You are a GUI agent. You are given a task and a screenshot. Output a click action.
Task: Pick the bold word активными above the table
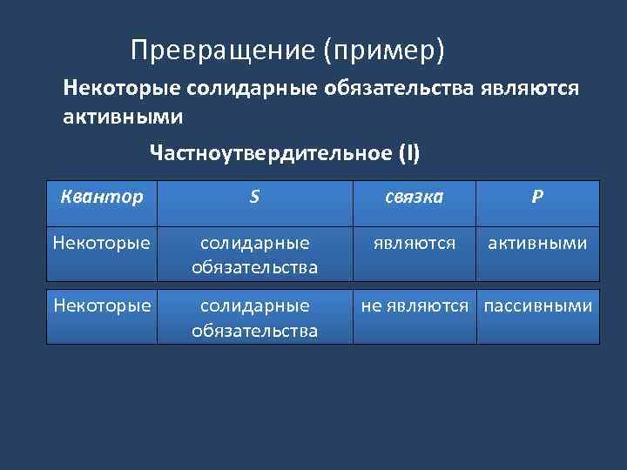[x=123, y=115]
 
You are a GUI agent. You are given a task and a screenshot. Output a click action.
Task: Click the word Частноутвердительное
[x=271, y=154]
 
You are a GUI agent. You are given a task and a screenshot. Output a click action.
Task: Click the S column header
[x=253, y=197]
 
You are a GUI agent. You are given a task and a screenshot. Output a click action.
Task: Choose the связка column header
[x=415, y=197]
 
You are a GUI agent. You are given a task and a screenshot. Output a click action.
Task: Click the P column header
[x=537, y=197]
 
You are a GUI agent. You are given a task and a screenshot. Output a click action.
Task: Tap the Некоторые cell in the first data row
[x=101, y=243]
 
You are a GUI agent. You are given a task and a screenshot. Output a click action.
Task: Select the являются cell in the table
[x=415, y=243]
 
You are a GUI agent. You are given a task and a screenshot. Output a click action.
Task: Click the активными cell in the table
[x=537, y=243]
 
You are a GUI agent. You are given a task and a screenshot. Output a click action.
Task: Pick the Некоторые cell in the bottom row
[x=101, y=306]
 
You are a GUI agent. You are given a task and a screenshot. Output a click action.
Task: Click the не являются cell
[x=415, y=306]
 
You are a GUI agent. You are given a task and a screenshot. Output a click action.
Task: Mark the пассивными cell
[x=538, y=306]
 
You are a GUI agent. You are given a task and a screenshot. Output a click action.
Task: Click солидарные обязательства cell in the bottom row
[x=254, y=318]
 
